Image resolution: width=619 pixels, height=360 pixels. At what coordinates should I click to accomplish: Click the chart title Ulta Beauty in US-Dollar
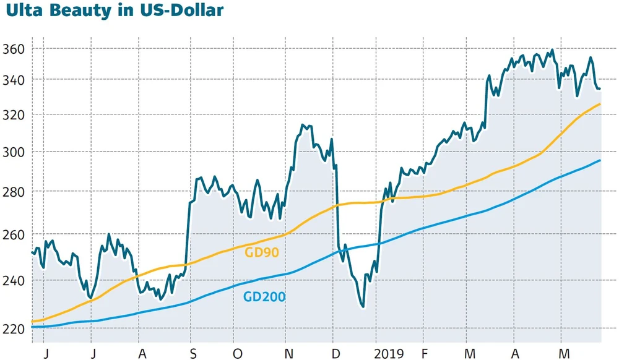tap(112, 11)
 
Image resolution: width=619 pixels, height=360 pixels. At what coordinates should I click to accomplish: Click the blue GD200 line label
tap(264, 297)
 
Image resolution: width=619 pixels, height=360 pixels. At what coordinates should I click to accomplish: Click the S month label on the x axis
tap(193, 354)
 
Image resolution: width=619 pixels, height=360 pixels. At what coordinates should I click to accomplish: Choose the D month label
tap(335, 354)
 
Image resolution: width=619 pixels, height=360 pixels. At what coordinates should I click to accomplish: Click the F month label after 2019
tap(424, 354)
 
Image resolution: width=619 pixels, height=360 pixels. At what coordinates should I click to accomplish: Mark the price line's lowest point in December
tap(363, 306)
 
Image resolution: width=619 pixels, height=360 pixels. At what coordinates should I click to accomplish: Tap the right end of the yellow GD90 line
tap(600, 104)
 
